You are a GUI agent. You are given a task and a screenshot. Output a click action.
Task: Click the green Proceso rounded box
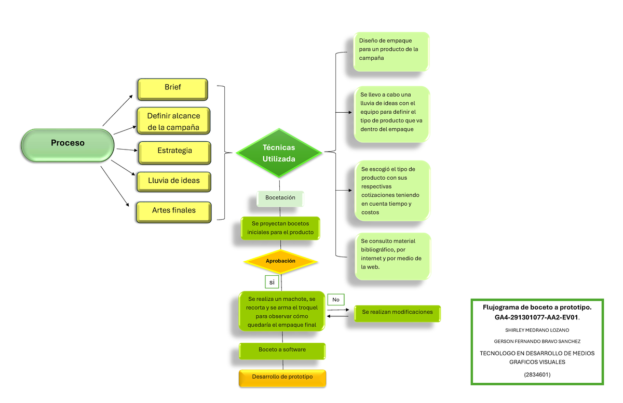67,144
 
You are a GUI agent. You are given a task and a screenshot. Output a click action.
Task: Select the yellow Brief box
173,89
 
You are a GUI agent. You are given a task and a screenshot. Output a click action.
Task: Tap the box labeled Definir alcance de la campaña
173,121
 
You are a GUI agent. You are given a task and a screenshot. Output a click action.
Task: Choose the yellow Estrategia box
174,152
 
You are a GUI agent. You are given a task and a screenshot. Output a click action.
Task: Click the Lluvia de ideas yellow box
173,181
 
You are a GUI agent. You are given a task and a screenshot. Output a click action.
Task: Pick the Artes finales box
174,212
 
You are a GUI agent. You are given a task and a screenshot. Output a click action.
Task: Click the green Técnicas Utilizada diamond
279,153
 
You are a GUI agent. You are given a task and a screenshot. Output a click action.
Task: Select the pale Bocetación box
280,198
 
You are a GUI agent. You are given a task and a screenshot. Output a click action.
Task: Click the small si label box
271,282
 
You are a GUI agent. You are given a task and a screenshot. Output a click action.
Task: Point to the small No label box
335,300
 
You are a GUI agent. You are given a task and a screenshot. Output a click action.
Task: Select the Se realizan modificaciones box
397,313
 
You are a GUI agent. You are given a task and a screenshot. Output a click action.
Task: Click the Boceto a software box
282,351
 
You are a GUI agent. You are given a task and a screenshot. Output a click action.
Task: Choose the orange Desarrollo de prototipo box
282,378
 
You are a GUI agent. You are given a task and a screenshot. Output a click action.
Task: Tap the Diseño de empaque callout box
391,51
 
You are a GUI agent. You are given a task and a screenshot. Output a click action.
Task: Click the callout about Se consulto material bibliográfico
392,256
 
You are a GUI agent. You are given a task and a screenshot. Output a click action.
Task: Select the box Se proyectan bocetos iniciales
280,228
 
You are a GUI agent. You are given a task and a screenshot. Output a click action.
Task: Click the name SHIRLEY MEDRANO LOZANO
537,330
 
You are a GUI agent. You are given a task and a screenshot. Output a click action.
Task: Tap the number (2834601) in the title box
537,374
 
